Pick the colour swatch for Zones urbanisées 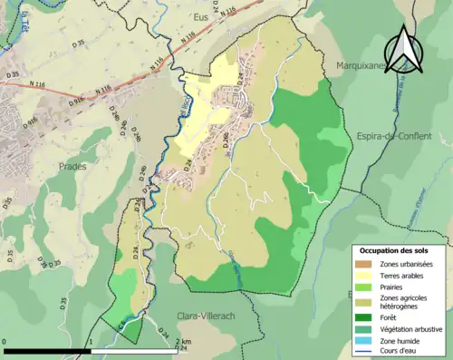[x=365, y=264]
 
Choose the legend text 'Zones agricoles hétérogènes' [x=406, y=302]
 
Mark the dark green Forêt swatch [x=365, y=317]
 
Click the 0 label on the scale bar [x=5, y=343]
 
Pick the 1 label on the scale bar [x=91, y=343]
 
